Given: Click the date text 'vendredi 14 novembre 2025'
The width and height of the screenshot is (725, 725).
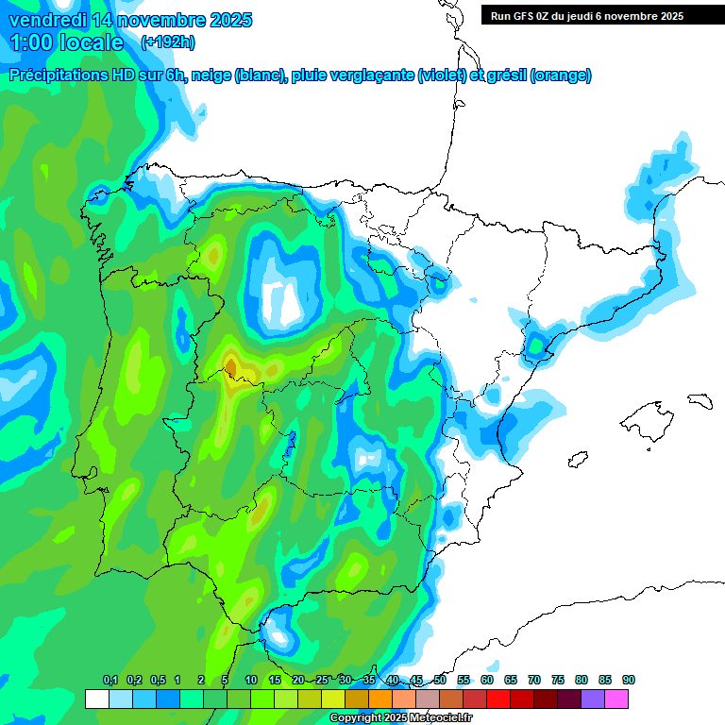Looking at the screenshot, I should (x=130, y=20).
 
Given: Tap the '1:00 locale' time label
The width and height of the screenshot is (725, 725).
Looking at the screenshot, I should (x=67, y=42).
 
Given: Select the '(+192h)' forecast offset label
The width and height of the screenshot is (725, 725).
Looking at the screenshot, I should (x=168, y=42).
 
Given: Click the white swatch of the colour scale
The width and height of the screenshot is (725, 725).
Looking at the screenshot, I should (x=96, y=699).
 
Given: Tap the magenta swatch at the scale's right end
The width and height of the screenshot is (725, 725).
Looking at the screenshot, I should (x=616, y=699).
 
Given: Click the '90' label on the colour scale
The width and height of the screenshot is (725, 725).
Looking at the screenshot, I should (x=628, y=680).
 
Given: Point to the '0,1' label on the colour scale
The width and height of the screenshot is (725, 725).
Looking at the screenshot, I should (x=110, y=680).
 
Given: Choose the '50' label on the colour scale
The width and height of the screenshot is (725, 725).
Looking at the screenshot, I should (x=440, y=680).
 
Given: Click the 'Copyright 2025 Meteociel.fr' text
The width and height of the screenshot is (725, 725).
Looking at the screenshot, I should (x=400, y=718).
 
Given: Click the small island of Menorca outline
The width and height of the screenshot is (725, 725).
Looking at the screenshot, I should (x=699, y=400).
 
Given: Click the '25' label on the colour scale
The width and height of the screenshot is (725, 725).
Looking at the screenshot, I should (x=322, y=680).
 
